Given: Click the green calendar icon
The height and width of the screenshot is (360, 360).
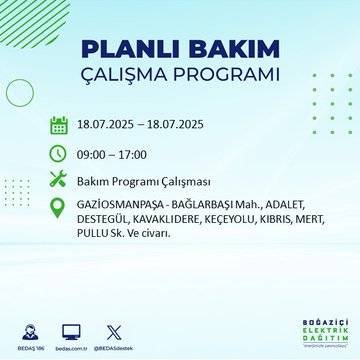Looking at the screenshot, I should [59, 125].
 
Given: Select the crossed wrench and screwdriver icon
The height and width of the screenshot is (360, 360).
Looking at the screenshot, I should [59, 180].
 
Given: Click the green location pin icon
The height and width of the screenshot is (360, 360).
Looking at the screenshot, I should [59, 208].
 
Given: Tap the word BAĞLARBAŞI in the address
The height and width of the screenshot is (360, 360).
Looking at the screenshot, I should [210, 202].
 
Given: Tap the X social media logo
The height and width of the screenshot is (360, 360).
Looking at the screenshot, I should [111, 331].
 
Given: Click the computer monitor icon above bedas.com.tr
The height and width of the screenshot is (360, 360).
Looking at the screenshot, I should [71, 331].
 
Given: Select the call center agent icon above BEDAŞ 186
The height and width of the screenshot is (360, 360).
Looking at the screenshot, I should [30, 331].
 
